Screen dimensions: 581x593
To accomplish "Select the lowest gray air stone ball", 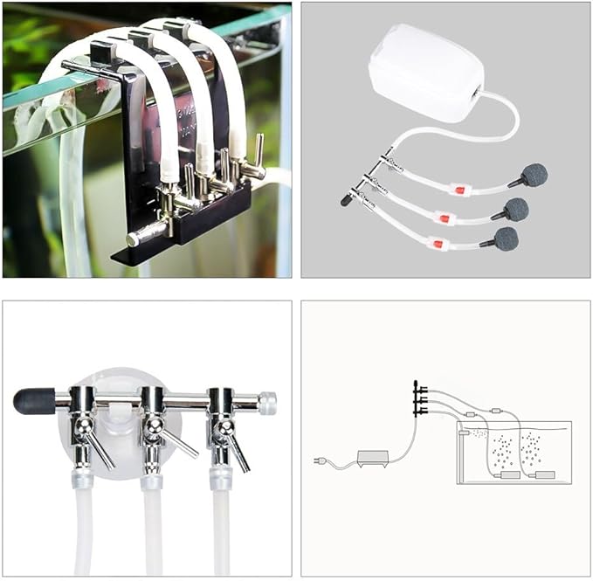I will [x=505, y=239].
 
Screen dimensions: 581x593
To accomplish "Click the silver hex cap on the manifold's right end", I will [x=267, y=403].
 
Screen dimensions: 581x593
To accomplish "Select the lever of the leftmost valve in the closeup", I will [x=98, y=449].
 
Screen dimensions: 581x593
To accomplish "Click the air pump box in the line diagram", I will [x=371, y=458].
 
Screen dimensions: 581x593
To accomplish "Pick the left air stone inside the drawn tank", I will [x=507, y=475].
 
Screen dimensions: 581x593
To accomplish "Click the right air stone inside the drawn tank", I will [x=544, y=474].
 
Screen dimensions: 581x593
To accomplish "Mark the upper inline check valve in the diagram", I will [x=495, y=408].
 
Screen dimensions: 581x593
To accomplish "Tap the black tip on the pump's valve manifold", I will [x=347, y=200].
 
